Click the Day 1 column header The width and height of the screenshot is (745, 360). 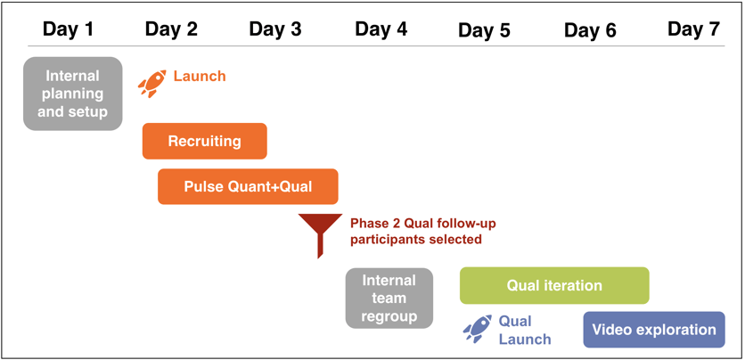coord(68,29)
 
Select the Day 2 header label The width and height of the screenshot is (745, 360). coord(171,29)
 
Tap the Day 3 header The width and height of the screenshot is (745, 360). coord(275,29)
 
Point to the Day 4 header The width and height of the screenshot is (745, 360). coord(381,29)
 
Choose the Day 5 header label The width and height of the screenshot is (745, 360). coord(484,30)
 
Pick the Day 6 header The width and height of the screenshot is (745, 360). coord(590,30)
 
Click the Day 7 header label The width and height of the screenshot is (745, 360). coord(693,29)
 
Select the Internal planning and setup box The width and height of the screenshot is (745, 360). coord(73,94)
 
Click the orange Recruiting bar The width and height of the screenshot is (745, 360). coord(205,141)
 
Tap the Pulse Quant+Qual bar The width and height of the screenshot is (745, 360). coord(248,186)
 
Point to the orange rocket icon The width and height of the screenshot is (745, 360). coord(152,84)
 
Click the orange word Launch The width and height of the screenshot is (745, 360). coord(200,76)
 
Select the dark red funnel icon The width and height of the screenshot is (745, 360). coord(320,235)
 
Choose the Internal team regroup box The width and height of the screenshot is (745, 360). coord(389,299)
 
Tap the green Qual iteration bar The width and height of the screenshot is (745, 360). coord(554,285)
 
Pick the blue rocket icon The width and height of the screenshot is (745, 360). coord(477,329)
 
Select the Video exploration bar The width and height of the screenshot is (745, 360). coord(654,330)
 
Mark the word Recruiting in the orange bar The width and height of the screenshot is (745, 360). coord(205,141)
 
